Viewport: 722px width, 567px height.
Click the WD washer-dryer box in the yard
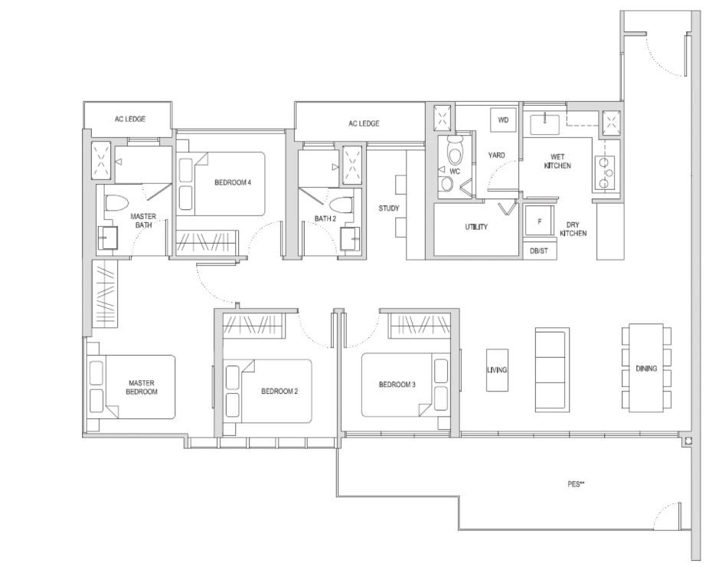pos(503,120)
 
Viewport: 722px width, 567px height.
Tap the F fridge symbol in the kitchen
pos(539,221)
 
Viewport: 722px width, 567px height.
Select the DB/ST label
pos(539,251)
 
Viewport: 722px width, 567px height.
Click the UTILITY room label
pos(476,227)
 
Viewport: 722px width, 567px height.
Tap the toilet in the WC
pos(455,150)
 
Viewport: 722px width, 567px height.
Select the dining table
pos(646,368)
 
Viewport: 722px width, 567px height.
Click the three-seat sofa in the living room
pos(552,370)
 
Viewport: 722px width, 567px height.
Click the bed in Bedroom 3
pos(405,385)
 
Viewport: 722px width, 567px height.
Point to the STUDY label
pos(389,208)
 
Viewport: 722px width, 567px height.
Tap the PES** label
pos(576,484)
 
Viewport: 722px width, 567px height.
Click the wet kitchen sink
pos(544,124)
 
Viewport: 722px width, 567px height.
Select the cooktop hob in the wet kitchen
pos(603,172)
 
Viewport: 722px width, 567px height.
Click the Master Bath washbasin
pos(107,238)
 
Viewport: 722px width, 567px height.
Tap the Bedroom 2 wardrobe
pos(253,325)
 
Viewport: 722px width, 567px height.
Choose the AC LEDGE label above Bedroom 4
pos(130,119)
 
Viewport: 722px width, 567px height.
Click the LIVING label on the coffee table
pos(498,370)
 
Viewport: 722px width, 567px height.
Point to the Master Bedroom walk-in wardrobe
pos(103,293)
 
